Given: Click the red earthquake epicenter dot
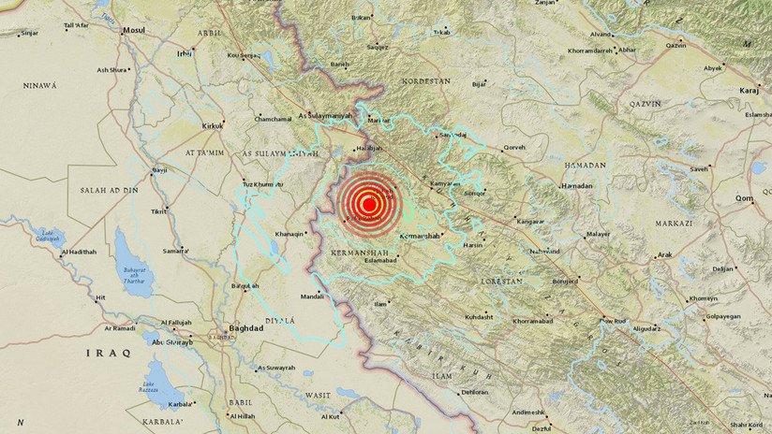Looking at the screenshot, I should (x=368, y=203).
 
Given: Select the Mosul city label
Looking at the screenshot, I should (x=134, y=30).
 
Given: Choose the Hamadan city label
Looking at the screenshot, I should (x=577, y=186).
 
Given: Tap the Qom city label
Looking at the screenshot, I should (x=745, y=198).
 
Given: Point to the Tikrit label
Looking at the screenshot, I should (x=159, y=211).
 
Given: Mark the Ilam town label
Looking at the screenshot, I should (x=380, y=304).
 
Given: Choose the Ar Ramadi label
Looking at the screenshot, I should (x=120, y=328).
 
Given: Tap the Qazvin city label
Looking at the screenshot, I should (x=675, y=45).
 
